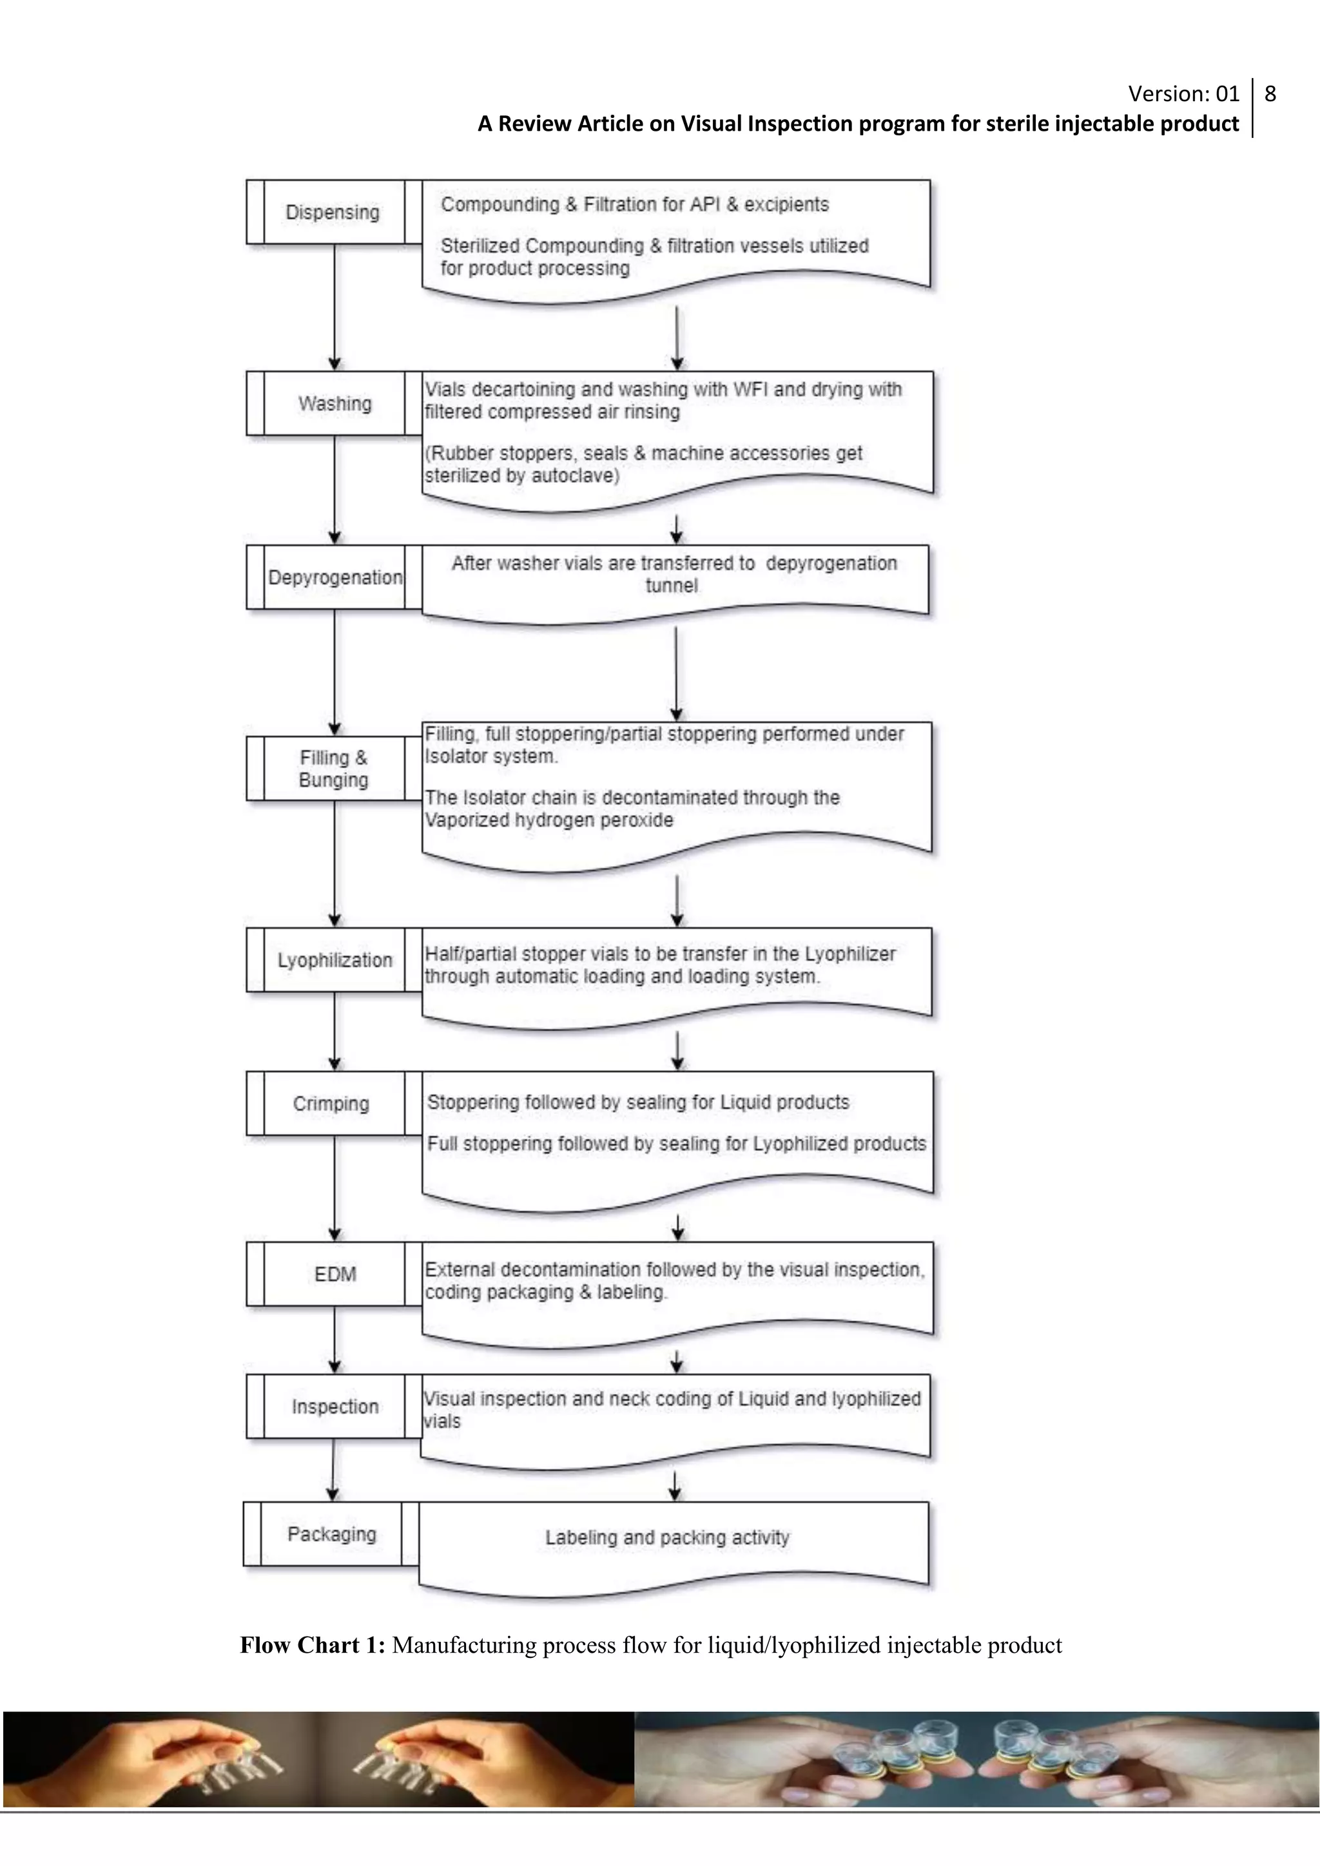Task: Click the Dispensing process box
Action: (x=333, y=212)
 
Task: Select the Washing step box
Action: (x=334, y=404)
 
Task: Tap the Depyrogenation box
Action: (x=334, y=578)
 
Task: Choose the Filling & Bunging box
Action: (x=333, y=769)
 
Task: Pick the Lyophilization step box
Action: (x=334, y=960)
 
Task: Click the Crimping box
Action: (x=332, y=1104)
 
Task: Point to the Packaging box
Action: (x=332, y=1534)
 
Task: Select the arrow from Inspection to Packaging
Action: (x=333, y=1469)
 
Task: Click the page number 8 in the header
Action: (x=1270, y=94)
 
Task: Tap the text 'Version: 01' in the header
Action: (x=1183, y=94)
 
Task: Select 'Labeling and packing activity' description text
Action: (x=667, y=1537)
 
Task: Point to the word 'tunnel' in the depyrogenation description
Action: (x=672, y=586)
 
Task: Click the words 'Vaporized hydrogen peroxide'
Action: (x=549, y=820)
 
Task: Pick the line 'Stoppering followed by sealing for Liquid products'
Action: (x=638, y=1103)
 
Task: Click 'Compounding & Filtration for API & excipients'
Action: (x=635, y=205)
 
